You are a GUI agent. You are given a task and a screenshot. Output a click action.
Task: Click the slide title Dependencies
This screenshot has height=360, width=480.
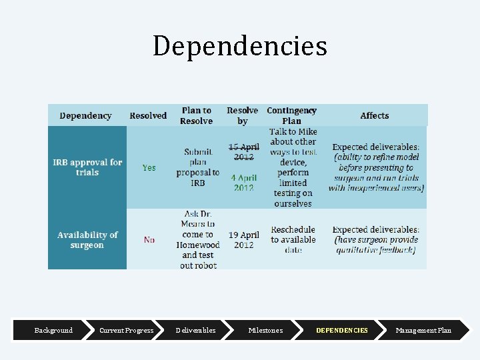point(240,46)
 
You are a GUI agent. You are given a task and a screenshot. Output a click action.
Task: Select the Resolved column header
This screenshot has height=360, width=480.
point(148,115)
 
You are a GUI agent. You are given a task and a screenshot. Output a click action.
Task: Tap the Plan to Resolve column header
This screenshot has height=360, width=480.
point(197,115)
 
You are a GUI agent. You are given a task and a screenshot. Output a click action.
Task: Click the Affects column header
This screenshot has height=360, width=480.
point(374,115)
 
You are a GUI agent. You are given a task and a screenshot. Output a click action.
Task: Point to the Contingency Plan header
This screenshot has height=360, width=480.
point(291,115)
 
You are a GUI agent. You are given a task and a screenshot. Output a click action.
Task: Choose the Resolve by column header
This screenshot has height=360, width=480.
point(243,115)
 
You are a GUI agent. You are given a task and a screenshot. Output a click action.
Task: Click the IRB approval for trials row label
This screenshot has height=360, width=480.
point(87,167)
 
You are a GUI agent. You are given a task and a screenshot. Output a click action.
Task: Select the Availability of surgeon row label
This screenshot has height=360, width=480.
point(87,240)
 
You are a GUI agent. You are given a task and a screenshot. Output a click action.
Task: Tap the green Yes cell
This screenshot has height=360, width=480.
point(149,168)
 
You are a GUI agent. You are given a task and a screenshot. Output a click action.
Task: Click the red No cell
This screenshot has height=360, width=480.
point(149,240)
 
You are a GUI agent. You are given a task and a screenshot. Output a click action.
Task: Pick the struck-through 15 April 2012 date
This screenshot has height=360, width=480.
point(243,151)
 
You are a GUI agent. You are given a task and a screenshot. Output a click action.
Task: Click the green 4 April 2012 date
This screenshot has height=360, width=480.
point(243,183)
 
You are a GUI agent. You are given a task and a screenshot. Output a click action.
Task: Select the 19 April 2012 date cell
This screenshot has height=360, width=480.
point(243,240)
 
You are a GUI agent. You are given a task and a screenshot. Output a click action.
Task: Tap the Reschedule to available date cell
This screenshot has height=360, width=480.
point(293,240)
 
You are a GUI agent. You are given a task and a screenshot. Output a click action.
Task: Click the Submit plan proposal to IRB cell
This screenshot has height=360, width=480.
point(198,167)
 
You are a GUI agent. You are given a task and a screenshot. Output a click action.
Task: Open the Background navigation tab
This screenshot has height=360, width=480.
point(53,330)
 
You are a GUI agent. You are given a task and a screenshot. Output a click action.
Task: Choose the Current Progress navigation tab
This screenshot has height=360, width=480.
point(126,330)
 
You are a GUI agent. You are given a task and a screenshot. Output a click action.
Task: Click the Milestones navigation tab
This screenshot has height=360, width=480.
point(265,330)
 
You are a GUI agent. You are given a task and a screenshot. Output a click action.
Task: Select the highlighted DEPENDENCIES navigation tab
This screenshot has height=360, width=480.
point(341,330)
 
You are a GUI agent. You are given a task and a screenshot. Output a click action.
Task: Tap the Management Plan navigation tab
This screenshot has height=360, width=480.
point(423,330)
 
